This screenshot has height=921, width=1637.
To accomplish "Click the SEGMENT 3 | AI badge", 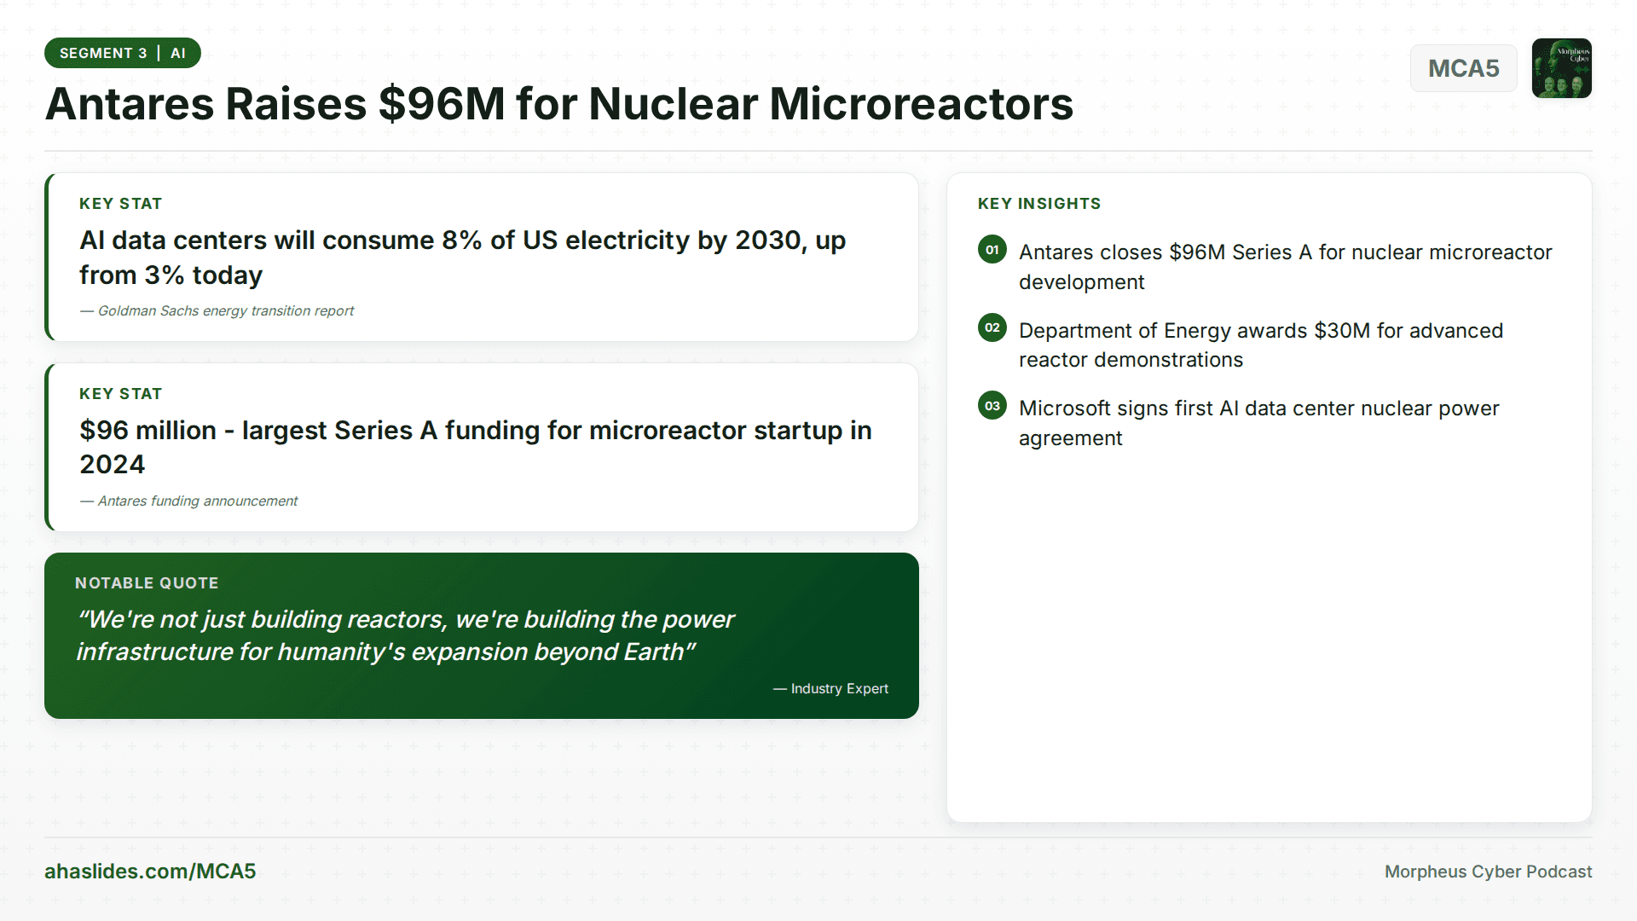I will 122,53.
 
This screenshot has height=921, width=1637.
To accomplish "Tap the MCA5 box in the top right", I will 1463,68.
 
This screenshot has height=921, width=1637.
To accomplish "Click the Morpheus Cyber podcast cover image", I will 1561,68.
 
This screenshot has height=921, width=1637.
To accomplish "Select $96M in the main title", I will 442,104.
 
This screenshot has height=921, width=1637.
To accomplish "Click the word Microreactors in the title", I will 921,104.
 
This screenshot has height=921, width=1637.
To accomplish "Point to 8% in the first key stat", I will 461,240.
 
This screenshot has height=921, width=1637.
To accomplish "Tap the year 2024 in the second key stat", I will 113,465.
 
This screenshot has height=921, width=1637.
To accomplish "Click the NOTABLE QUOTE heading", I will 147,583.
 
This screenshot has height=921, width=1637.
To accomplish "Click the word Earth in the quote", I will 653,652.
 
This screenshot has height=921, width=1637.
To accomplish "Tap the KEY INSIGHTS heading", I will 1038,204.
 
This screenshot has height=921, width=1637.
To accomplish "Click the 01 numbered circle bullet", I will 992,250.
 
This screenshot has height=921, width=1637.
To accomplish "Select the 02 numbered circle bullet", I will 992,327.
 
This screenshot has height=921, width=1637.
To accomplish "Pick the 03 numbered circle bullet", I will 992,406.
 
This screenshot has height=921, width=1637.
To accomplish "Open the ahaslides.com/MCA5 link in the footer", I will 150,872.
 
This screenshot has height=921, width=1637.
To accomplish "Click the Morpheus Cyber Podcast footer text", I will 1488,872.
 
